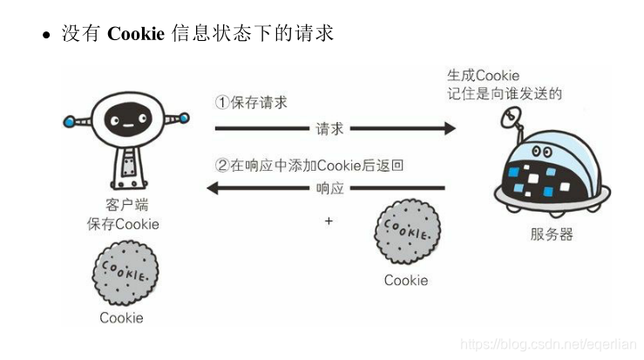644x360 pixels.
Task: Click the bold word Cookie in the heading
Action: pyautogui.click(x=136, y=34)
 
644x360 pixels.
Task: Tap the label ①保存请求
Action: pyautogui.click(x=251, y=102)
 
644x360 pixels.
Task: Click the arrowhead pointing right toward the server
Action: pyautogui.click(x=449, y=129)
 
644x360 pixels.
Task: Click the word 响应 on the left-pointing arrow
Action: pyautogui.click(x=329, y=188)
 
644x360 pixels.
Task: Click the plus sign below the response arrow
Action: pyautogui.click(x=329, y=221)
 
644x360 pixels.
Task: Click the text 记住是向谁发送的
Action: pyautogui.click(x=504, y=94)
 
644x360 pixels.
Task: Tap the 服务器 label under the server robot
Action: pyautogui.click(x=551, y=235)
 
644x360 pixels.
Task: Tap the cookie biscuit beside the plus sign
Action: pyautogui.click(x=405, y=231)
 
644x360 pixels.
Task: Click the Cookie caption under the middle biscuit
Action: pyautogui.click(x=406, y=280)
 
